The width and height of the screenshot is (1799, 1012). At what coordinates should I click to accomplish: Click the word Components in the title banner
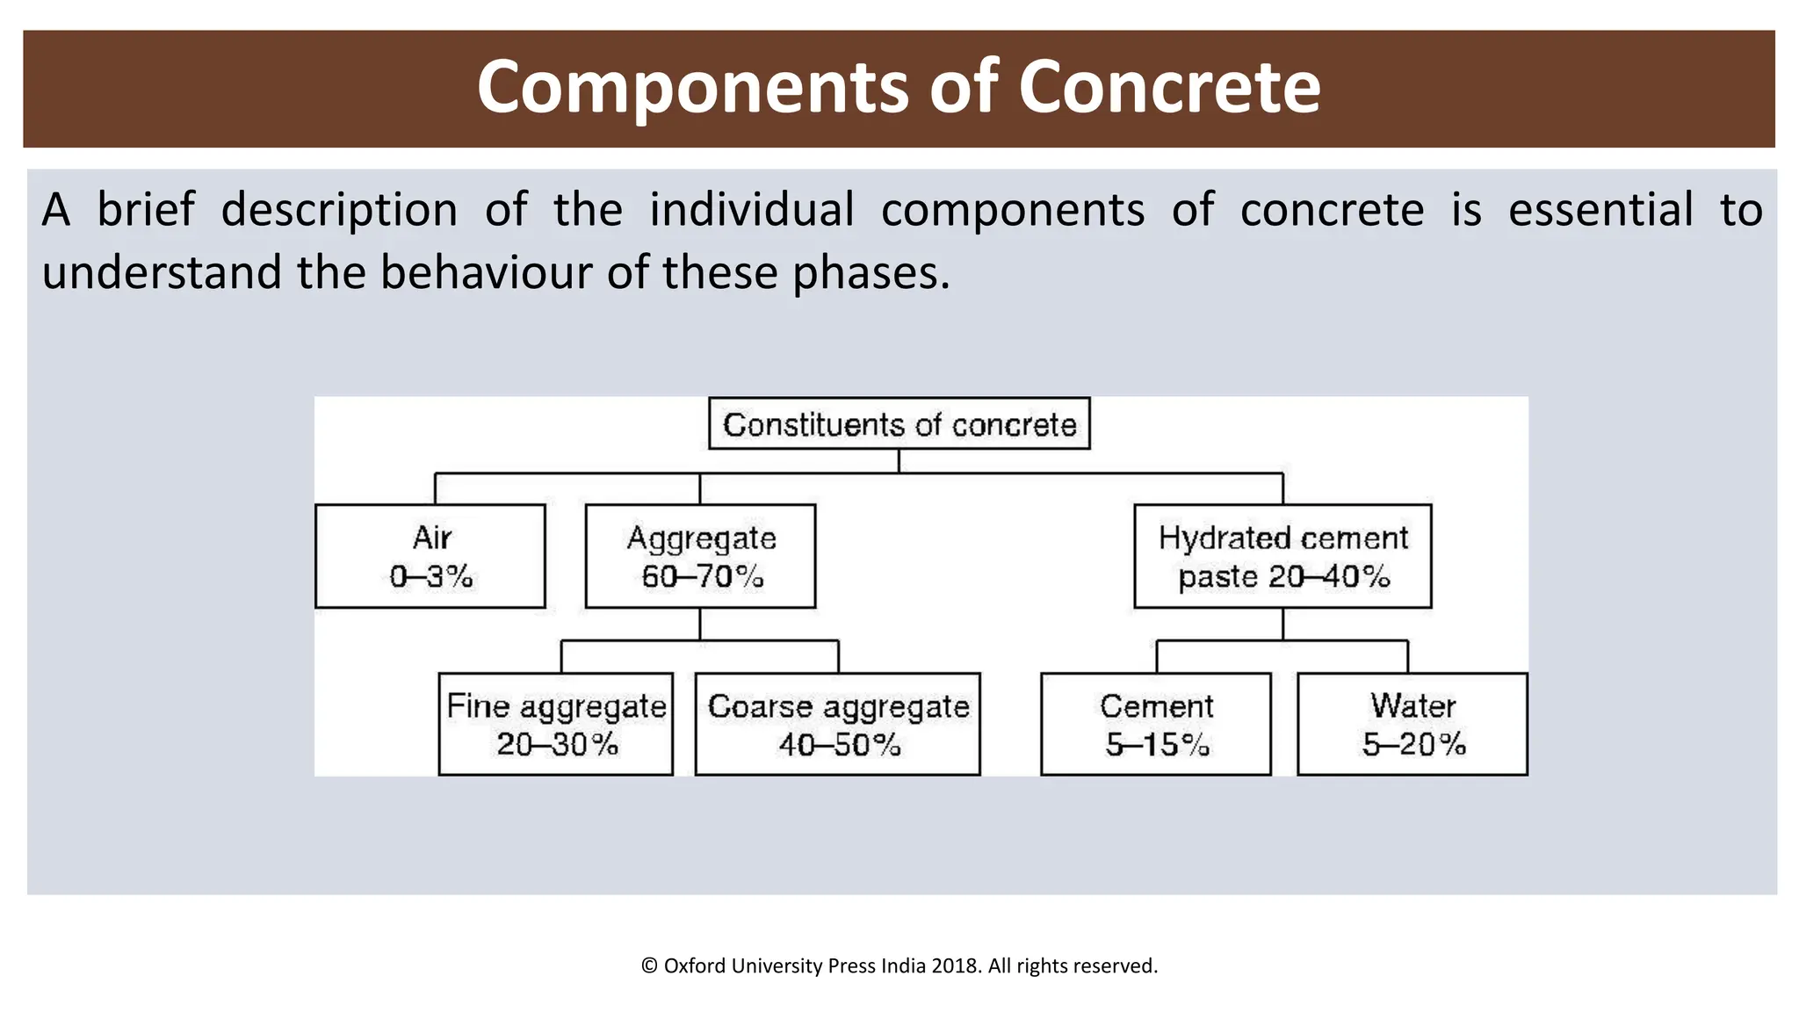pyautogui.click(x=694, y=87)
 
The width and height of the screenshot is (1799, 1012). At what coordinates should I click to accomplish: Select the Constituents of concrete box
pyautogui.click(x=899, y=424)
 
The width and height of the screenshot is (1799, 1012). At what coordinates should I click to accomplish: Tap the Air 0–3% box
pyautogui.click(x=430, y=556)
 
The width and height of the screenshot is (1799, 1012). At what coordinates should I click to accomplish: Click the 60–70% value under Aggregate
pyautogui.click(x=702, y=576)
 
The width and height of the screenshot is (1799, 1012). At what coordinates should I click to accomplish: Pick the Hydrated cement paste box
pyautogui.click(x=1282, y=556)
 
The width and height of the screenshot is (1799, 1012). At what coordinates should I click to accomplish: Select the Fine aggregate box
pyautogui.click(x=556, y=724)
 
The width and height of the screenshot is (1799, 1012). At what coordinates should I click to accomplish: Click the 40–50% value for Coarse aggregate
pyautogui.click(x=839, y=745)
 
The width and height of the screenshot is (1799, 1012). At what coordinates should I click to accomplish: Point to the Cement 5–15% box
pyautogui.click(x=1156, y=724)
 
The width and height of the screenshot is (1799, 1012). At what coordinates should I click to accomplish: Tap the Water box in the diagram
pyautogui.click(x=1412, y=724)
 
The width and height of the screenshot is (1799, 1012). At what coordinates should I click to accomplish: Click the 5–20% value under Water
pyautogui.click(x=1413, y=745)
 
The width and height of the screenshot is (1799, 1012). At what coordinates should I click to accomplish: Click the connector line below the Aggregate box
pyautogui.click(x=700, y=625)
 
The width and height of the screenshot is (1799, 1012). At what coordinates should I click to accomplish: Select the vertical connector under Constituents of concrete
pyautogui.click(x=899, y=461)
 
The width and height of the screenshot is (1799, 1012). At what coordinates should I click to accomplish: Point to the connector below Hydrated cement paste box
pyautogui.click(x=1282, y=625)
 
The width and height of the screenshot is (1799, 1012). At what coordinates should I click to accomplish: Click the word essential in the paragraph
pyautogui.click(x=1600, y=210)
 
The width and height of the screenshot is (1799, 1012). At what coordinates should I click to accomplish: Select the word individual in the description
pyautogui.click(x=751, y=210)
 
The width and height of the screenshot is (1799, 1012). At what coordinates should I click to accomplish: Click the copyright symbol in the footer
pyautogui.click(x=649, y=966)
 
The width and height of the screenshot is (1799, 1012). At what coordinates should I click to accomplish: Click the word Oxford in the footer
pyautogui.click(x=694, y=966)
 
